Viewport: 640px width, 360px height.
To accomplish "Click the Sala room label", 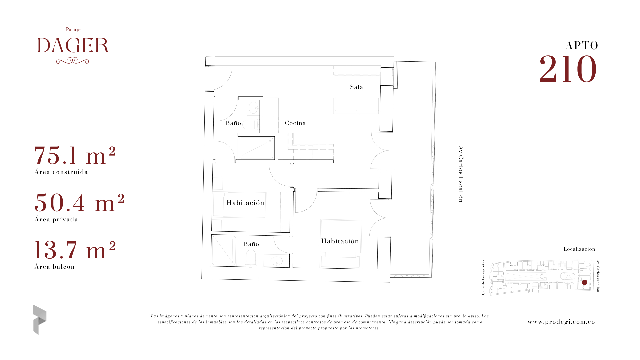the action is point(356,87).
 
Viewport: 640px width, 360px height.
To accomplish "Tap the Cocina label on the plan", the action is point(295,123).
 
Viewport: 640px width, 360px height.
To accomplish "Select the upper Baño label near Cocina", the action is point(233,123).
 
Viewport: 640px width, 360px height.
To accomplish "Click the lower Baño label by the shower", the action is point(251,244).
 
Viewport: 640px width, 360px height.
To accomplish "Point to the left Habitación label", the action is point(245,203).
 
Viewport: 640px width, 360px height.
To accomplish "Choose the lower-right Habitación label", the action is point(340,241).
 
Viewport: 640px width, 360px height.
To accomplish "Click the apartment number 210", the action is point(568,69).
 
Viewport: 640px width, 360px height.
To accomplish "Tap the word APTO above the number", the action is point(582,46).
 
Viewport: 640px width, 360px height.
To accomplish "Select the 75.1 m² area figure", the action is point(75,155).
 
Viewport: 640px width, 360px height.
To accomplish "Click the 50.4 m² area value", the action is point(79,203).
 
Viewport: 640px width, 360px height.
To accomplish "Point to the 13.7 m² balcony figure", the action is point(75,250).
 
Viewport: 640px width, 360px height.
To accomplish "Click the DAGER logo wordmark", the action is point(73,45).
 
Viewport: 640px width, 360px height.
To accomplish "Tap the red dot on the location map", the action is point(585,282).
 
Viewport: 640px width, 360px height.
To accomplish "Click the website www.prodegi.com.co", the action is point(561,322).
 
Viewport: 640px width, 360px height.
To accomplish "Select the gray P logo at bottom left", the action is point(40,320).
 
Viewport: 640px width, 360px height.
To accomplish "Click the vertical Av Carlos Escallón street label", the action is point(461,174).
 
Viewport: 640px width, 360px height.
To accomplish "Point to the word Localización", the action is point(579,249).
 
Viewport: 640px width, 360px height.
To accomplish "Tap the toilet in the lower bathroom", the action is point(251,258).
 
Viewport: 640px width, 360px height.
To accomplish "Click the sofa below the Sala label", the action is point(356,106).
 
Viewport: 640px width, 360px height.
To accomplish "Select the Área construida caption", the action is point(61,172).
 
